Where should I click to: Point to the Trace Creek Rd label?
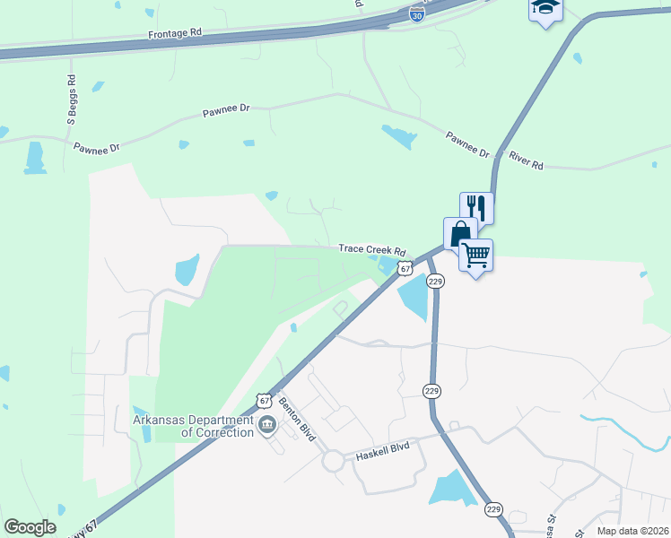[372, 251]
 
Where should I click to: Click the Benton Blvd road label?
[297, 419]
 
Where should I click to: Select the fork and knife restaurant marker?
[477, 208]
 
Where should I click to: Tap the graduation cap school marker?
[545, 9]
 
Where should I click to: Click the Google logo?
[30, 527]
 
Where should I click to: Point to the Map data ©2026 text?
[632, 531]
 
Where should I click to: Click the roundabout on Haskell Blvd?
[334, 462]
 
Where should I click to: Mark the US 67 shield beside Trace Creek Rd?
[406, 267]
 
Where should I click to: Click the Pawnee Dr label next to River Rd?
[468, 144]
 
